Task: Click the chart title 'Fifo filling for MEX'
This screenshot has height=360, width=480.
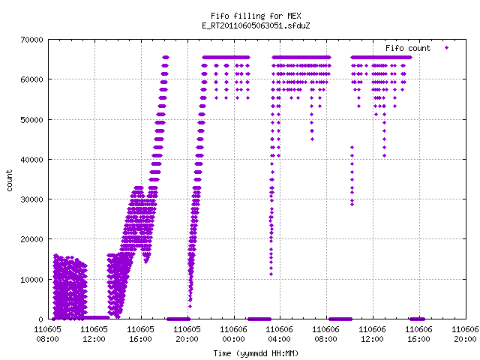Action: tap(256, 16)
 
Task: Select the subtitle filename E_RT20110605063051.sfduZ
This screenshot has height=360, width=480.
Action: tap(256, 25)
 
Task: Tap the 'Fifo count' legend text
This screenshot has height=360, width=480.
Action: tap(408, 48)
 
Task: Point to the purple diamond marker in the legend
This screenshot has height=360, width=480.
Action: tap(447, 47)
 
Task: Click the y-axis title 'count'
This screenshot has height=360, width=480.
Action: tap(10, 181)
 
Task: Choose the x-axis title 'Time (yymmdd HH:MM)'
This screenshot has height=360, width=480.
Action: tap(256, 353)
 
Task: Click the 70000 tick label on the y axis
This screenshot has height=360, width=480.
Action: tap(32, 40)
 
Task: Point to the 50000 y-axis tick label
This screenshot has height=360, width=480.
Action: tap(32, 120)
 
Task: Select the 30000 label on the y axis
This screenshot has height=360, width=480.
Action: tap(32, 199)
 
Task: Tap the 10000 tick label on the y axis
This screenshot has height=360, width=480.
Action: tap(32, 280)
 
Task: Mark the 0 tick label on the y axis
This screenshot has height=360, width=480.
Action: tap(41, 319)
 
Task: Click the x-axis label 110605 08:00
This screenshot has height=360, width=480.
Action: tap(47, 334)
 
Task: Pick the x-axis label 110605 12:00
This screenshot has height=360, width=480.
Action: tap(94, 334)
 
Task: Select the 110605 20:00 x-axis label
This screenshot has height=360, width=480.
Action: tap(187, 334)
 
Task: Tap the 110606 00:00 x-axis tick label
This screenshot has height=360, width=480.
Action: tap(233, 334)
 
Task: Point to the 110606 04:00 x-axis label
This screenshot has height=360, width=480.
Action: tap(280, 334)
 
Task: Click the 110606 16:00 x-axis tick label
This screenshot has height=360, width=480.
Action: tap(418, 334)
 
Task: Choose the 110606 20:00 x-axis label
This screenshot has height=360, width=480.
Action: tap(465, 334)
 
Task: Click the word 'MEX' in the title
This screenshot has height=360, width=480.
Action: tap(294, 16)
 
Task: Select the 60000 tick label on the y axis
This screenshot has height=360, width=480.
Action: tap(32, 79)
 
